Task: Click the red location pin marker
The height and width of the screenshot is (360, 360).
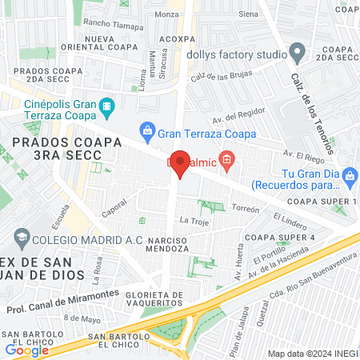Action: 181,163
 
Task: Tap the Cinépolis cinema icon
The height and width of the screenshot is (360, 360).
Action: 106,106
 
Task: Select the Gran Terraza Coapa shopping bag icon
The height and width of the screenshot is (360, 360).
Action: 147,129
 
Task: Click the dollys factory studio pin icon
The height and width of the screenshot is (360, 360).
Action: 298,55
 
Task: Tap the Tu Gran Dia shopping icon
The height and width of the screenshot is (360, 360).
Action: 350,175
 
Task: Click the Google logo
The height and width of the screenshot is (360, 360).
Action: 27,350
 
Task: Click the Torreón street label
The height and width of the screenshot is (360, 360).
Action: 246,208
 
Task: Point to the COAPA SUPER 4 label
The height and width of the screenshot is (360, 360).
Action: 280,238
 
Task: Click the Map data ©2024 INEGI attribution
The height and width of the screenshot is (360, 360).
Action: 311,354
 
